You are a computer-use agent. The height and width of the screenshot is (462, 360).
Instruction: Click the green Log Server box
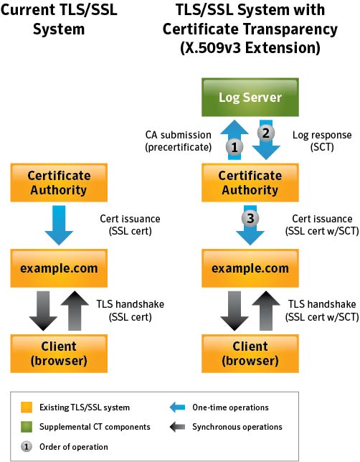click(250, 97)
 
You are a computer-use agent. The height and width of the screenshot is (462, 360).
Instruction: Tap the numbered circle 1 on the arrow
click(235, 147)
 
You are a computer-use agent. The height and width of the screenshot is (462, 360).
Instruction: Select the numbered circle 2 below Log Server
click(266, 133)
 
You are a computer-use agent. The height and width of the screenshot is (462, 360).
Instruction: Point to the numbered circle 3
click(250, 218)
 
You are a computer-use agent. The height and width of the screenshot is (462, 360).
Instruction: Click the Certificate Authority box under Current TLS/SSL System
click(59, 183)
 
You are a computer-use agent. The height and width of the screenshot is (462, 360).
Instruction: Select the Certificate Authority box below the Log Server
click(250, 183)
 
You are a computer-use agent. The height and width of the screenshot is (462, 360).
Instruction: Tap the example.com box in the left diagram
click(59, 268)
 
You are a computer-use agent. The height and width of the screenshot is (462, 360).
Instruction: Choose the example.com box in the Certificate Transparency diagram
click(250, 268)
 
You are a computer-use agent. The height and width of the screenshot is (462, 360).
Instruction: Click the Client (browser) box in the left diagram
click(59, 354)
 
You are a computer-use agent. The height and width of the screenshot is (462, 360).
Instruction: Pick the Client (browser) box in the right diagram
click(250, 354)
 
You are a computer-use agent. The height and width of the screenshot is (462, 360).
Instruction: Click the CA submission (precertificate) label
click(179, 141)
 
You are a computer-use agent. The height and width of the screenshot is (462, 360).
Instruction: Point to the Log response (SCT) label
click(322, 141)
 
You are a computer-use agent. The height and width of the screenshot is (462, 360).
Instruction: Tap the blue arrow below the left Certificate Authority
click(59, 225)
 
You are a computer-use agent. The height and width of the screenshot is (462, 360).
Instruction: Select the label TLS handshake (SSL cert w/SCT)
click(322, 310)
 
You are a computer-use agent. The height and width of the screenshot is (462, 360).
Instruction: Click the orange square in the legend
click(27, 407)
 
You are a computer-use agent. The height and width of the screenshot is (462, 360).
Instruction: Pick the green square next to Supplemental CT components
click(27, 427)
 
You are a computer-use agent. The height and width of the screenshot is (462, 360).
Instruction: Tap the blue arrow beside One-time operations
click(177, 407)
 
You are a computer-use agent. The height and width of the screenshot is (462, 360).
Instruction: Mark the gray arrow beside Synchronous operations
click(177, 427)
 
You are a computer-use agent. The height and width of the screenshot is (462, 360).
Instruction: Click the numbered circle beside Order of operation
click(27, 447)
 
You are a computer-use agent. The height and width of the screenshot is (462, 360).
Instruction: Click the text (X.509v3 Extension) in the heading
click(250, 48)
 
